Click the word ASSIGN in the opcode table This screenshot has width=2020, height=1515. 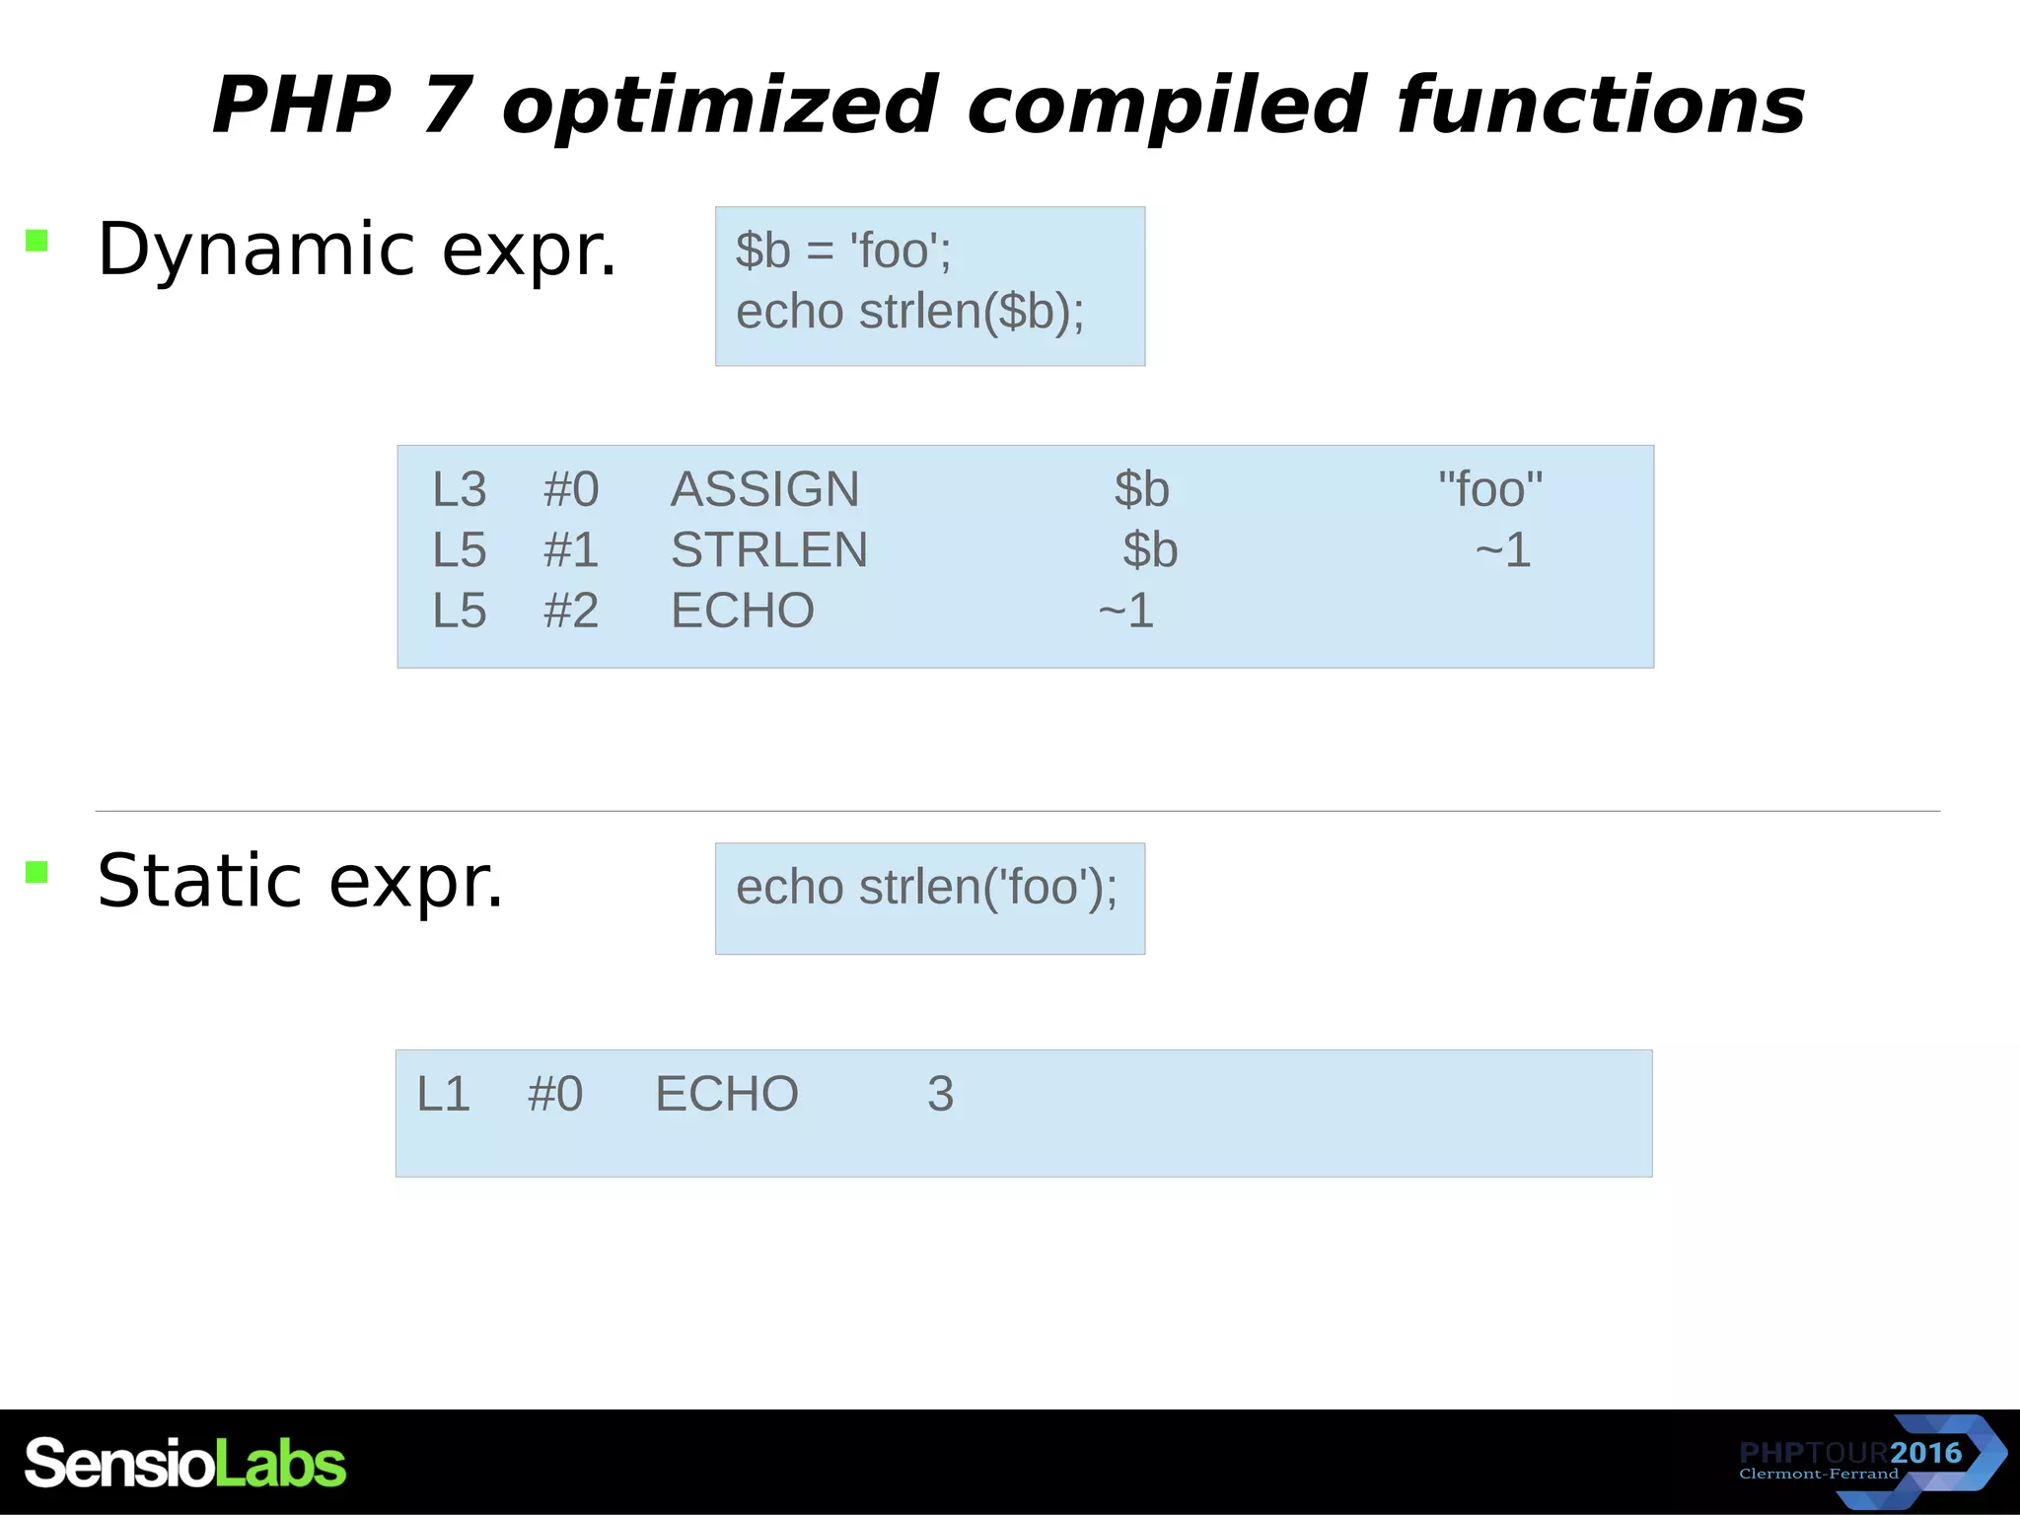(x=764, y=489)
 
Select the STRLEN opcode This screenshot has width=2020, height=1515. (x=768, y=550)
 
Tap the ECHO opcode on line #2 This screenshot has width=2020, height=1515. (x=742, y=611)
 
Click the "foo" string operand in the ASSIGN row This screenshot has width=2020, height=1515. (x=1489, y=489)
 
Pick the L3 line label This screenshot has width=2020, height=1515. (x=459, y=489)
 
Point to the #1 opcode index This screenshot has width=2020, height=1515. (x=570, y=550)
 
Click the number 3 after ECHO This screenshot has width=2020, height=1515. (x=940, y=1094)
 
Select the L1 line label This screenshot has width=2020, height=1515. (x=443, y=1094)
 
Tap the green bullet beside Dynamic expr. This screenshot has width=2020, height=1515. (x=37, y=241)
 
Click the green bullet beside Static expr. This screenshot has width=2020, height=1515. (x=37, y=872)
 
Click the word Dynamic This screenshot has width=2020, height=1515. (x=254, y=250)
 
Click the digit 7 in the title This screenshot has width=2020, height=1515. (x=447, y=105)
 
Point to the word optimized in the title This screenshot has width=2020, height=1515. (x=719, y=107)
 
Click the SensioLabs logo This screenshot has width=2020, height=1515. (x=184, y=1463)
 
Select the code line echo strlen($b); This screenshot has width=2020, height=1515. (x=909, y=312)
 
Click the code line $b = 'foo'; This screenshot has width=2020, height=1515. (x=843, y=251)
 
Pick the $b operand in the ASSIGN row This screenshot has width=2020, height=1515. (x=1141, y=489)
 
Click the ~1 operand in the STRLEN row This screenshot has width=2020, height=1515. (x=1502, y=550)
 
